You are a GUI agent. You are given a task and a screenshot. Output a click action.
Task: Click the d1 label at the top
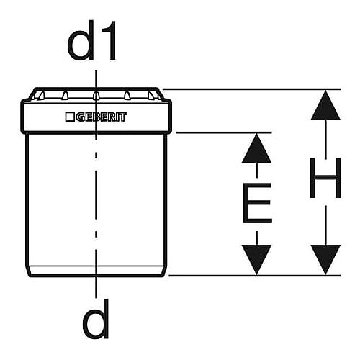[x=92, y=40]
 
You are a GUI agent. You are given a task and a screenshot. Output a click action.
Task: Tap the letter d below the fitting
[x=96, y=319]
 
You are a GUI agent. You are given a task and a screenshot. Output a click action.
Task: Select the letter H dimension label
[x=325, y=178]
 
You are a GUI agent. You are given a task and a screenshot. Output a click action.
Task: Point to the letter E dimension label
[x=257, y=203]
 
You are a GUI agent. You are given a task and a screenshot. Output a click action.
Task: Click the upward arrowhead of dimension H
[x=325, y=105]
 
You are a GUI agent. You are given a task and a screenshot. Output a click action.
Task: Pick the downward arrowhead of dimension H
[x=325, y=260]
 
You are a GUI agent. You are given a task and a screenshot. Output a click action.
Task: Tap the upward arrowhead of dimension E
[x=256, y=148]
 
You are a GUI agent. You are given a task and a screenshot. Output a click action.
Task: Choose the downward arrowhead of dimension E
[x=256, y=260]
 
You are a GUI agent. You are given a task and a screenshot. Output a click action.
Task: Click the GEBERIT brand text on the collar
[x=102, y=117]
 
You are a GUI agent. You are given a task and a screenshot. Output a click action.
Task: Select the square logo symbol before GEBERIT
[x=70, y=117]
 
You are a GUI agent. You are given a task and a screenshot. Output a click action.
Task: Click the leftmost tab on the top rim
[x=41, y=96]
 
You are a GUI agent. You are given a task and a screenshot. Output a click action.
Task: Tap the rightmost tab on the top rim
[x=150, y=96]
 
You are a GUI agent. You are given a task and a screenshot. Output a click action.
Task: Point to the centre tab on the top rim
[x=96, y=96]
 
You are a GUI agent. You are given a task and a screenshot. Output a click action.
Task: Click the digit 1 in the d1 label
[x=109, y=40]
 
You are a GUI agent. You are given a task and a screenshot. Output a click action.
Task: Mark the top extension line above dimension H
[x=252, y=89]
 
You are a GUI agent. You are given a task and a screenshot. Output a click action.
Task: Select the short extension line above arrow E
[x=224, y=132]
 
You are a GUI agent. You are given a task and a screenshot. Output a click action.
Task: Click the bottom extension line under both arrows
[x=255, y=276]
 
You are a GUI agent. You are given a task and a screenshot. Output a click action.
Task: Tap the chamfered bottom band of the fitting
[x=96, y=271]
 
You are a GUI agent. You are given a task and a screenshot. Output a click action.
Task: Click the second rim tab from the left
[x=65, y=96]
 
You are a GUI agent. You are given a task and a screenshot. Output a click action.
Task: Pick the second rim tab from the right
[x=127, y=96]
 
